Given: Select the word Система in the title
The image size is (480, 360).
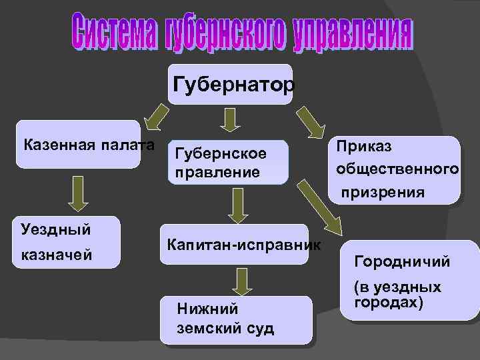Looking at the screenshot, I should click(113, 35).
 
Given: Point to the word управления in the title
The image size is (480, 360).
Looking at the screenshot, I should click(350, 35).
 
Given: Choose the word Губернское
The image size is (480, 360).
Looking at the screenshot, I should click(220, 154).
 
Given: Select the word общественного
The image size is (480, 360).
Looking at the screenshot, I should click(397, 169).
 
